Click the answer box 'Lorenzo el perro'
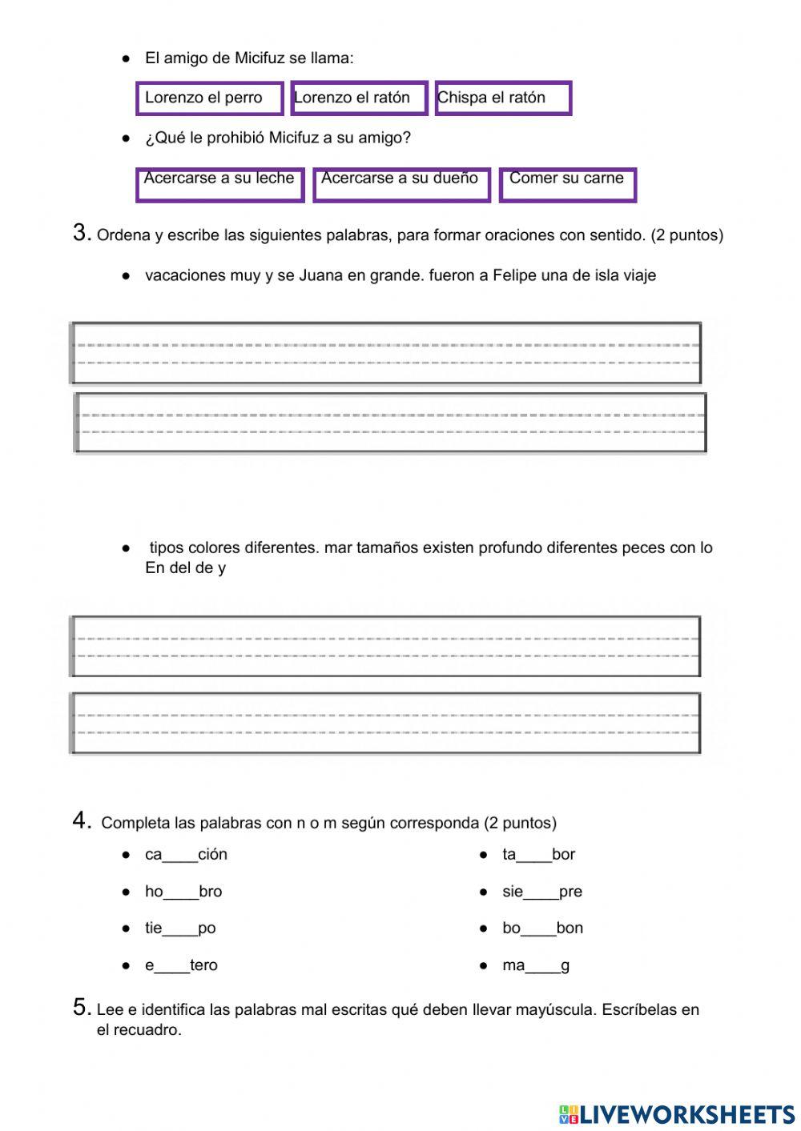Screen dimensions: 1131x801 tap(210, 98)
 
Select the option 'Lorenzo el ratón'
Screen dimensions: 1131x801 tap(359, 98)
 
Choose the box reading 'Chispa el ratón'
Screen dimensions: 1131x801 tap(503, 98)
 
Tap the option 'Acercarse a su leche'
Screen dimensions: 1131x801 tap(220, 184)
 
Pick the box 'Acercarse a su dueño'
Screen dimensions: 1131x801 tap(401, 184)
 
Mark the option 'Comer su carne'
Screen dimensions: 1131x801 tap(567, 184)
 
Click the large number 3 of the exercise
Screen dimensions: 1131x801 tap(81, 233)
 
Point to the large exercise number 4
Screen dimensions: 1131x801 tap(81, 820)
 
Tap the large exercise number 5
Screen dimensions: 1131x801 tap(81, 1007)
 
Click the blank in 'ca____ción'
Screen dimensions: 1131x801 tap(180, 856)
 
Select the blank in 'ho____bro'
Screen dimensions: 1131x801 tap(181, 892)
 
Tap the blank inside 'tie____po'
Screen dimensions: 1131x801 tap(180, 929)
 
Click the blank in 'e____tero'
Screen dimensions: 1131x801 tap(172, 966)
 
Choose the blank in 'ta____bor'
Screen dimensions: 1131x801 tap(534, 856)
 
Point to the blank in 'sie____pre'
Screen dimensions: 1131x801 tap(541, 892)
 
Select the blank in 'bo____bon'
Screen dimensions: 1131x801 tap(538, 929)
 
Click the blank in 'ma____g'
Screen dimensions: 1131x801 tap(543, 966)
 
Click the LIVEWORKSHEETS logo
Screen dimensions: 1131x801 tap(677, 1113)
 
